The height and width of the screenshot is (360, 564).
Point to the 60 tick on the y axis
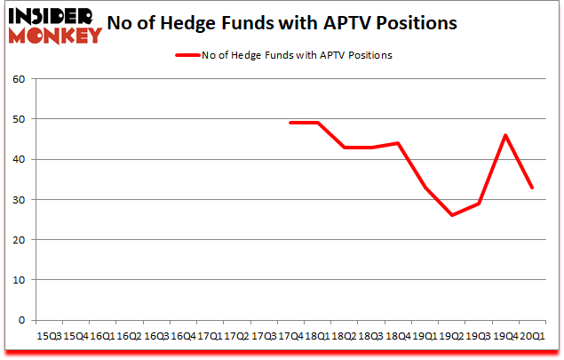pos(18,79)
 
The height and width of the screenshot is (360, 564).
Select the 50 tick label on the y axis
pos(18,119)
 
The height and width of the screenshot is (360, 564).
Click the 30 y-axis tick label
pos(18,200)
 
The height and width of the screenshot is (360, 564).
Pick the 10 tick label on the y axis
pos(18,280)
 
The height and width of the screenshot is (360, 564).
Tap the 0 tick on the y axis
pos(20,320)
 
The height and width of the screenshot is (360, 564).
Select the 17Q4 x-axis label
pos(291,337)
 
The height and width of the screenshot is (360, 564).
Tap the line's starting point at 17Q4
pos(291,123)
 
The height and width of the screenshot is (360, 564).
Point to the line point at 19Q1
pos(426,188)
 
